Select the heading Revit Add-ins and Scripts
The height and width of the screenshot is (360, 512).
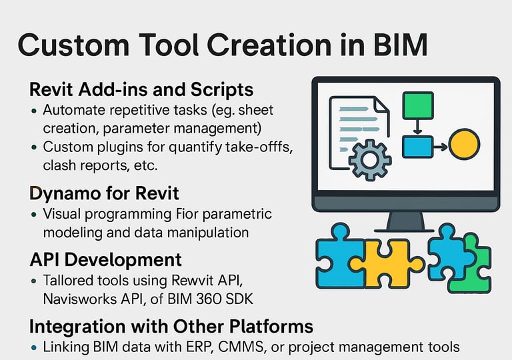pyautogui.click(x=141, y=89)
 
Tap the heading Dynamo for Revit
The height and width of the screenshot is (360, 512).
pyautogui.click(x=104, y=193)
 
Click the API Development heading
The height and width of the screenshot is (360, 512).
pyautogui.click(x=105, y=260)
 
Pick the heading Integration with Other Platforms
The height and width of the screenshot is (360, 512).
pyautogui.click(x=171, y=326)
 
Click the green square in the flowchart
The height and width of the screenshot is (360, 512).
pyautogui.click(x=418, y=105)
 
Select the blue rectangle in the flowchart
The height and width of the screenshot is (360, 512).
pyautogui.click(x=417, y=147)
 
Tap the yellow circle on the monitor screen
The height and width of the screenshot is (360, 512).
pyautogui.click(x=464, y=145)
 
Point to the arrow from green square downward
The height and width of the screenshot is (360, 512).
pyautogui.click(x=417, y=127)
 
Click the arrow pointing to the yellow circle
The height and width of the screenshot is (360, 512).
pyautogui.click(x=441, y=147)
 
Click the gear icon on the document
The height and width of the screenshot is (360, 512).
pyautogui.click(x=370, y=160)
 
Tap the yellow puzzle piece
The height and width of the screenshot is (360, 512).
pyautogui.click(x=387, y=263)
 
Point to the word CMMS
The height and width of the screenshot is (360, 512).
pyautogui.click(x=241, y=347)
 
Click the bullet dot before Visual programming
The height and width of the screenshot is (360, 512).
pyautogui.click(x=33, y=215)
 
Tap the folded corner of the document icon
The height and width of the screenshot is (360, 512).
pyautogui.click(x=382, y=104)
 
